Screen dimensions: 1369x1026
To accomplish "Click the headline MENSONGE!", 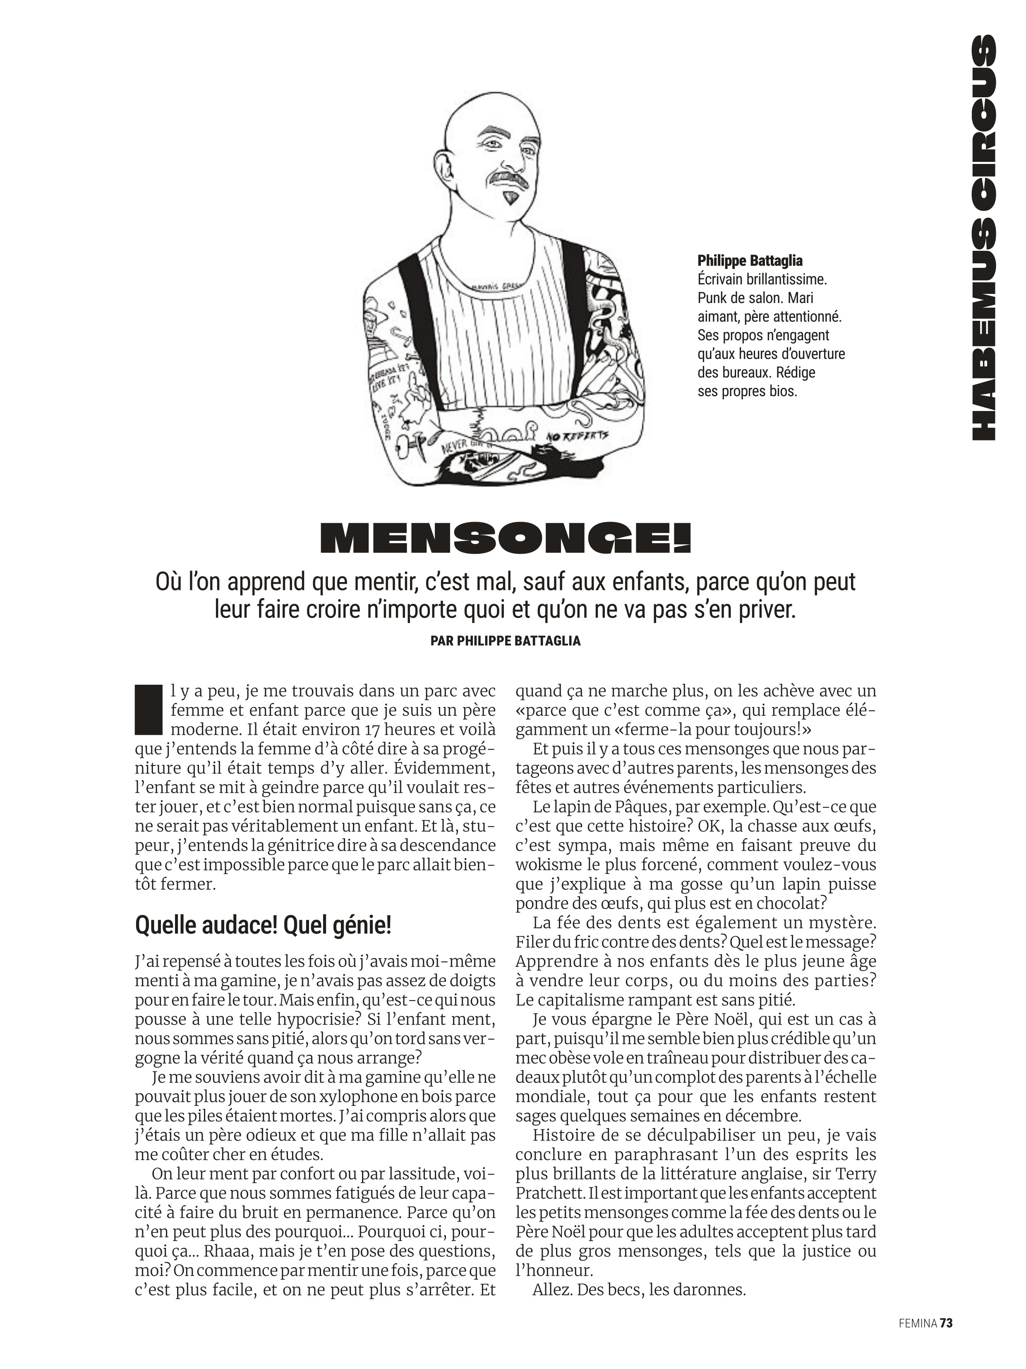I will click(x=505, y=537).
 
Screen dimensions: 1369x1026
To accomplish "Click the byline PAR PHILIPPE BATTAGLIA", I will click(x=505, y=641).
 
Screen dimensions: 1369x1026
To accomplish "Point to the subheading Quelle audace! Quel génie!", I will click(x=263, y=926).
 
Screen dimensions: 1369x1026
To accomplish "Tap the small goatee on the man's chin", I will click(x=510, y=198).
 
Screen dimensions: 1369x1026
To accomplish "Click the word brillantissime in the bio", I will click(x=785, y=279).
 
